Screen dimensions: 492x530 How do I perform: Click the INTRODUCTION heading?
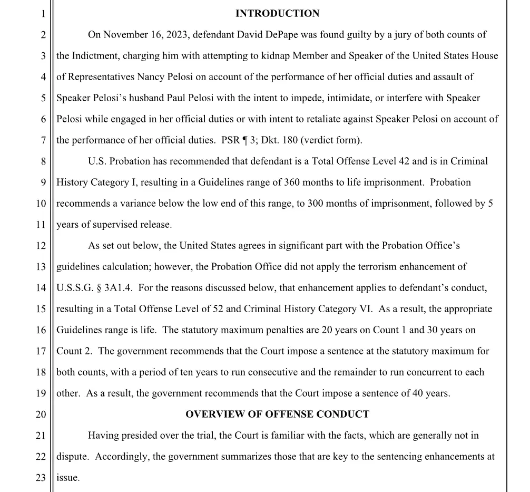pos(277,14)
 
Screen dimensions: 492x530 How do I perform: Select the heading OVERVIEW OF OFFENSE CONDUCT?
pos(277,414)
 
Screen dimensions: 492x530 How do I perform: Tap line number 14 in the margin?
pos(41,288)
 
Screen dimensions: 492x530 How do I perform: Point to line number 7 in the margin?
pos(44,140)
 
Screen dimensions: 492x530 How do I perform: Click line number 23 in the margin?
pos(41,478)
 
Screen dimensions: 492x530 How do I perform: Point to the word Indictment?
pos(94,56)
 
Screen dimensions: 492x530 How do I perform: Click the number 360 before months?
pos(293,182)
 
